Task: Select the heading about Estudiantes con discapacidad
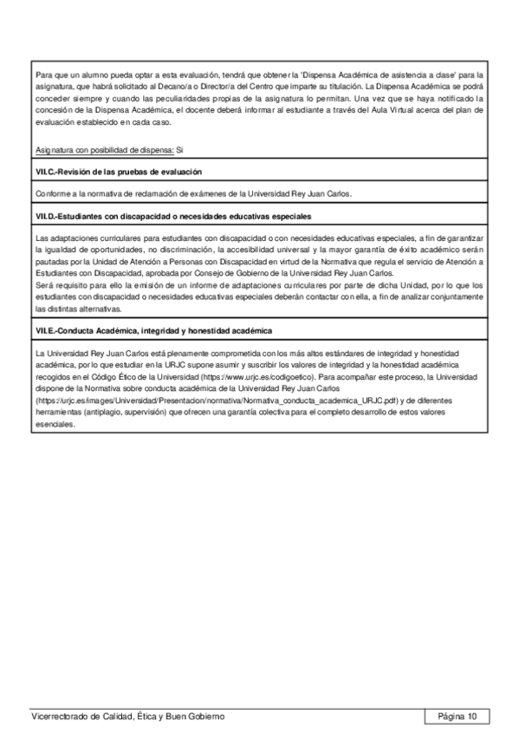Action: [x=173, y=215]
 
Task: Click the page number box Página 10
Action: [x=457, y=716]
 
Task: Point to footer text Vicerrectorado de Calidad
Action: [x=127, y=716]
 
